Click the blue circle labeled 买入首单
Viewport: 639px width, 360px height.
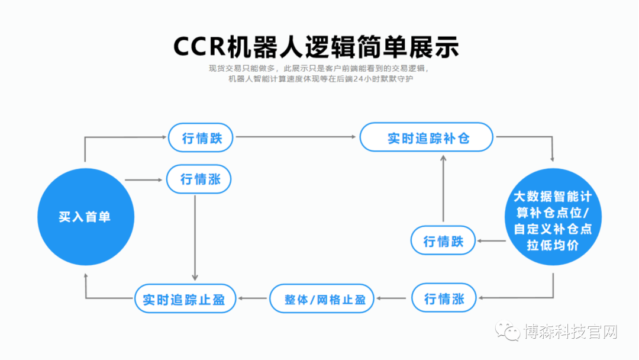point(85,217)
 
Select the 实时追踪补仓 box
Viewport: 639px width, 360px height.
point(427,137)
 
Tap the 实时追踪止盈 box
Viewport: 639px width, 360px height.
point(185,298)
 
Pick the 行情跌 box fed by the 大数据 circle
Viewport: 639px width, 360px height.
point(443,240)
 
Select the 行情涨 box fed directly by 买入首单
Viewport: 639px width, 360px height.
point(198,179)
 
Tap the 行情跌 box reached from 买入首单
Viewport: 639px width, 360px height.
point(201,137)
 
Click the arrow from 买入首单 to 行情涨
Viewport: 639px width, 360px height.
point(144,179)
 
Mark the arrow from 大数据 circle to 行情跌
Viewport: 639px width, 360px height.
point(491,240)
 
